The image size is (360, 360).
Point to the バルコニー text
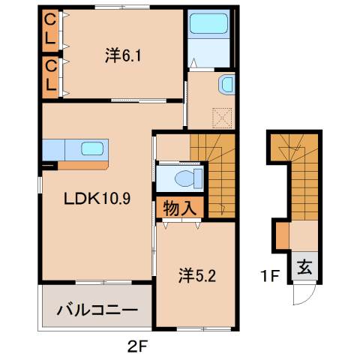pos(97,309)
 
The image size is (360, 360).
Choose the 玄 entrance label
pos(306,268)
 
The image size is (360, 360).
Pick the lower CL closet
pos(50,75)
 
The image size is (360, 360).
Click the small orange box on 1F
pos(283,235)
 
